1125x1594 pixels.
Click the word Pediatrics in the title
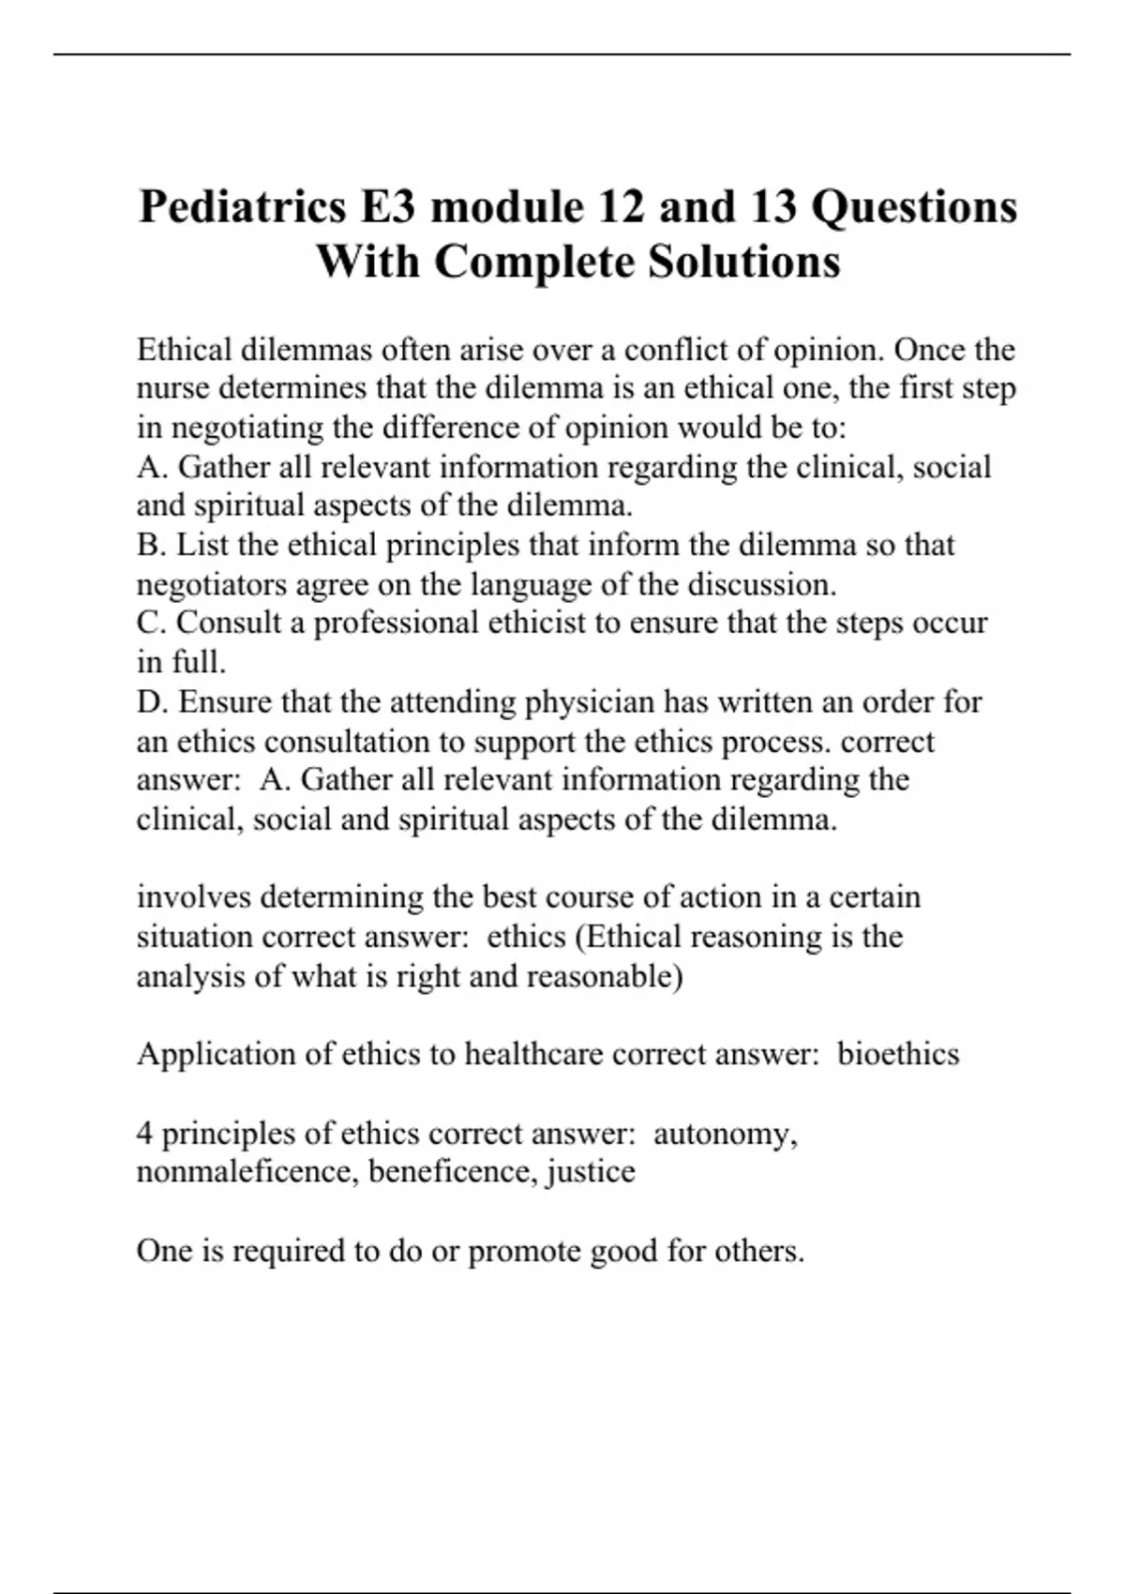point(242,207)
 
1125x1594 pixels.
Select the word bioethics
point(898,1054)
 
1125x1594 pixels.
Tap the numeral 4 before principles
point(144,1134)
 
